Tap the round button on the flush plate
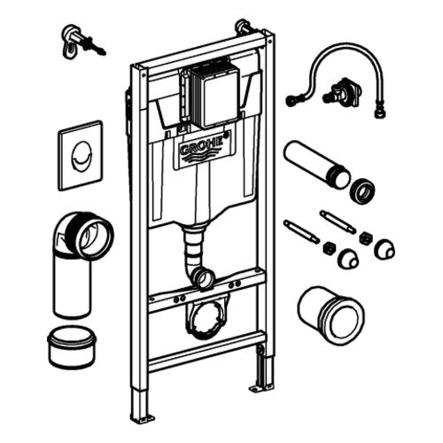pos(81,155)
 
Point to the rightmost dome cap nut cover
pos(385,250)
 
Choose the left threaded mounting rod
pos(301,231)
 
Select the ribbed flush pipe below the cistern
pos(193,250)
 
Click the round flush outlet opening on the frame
pos(206,277)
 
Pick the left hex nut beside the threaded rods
pos(329,249)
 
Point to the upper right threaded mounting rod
pos(338,221)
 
